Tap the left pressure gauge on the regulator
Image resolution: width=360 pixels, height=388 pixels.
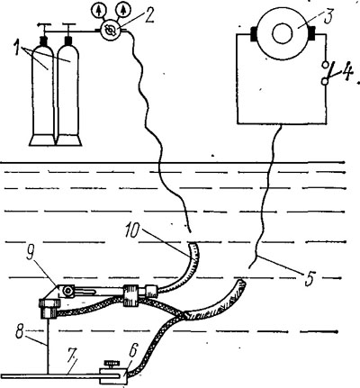(98, 11)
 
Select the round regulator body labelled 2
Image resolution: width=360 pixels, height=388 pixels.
(110, 30)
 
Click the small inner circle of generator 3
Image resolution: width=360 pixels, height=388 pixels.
(282, 32)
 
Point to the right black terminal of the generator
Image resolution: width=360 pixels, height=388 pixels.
(310, 33)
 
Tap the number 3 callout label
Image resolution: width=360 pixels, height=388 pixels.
(327, 16)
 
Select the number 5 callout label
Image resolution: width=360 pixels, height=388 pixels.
(310, 277)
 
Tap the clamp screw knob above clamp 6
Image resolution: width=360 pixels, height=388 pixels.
(112, 365)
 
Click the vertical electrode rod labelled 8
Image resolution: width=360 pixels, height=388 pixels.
(48, 346)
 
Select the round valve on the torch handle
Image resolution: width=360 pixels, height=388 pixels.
(68, 291)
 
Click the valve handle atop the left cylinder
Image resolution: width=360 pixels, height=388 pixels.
(44, 26)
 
